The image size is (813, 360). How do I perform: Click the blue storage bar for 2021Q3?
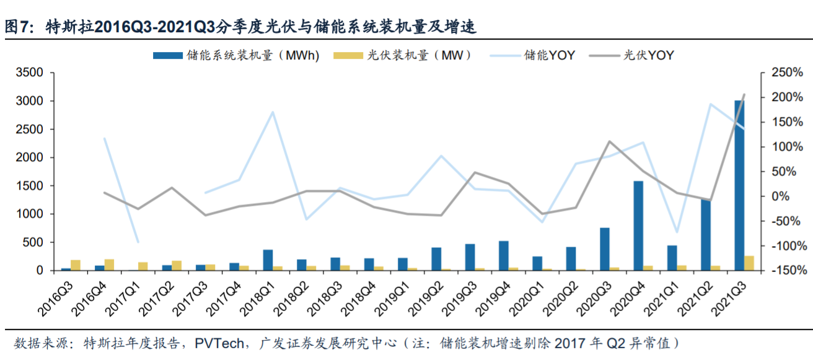pyautogui.click(x=739, y=186)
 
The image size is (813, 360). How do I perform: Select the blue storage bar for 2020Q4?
pyautogui.click(x=638, y=226)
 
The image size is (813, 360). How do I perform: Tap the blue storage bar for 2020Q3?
pyautogui.click(x=604, y=249)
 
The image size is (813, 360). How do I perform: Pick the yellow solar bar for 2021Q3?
pyautogui.click(x=749, y=263)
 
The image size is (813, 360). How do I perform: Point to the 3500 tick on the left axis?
pyautogui.click(x=30, y=73)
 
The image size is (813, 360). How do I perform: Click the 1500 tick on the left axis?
pyautogui.click(x=30, y=186)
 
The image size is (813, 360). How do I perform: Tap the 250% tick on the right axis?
pyautogui.click(x=786, y=73)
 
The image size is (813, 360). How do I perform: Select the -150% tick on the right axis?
pyautogui.click(x=786, y=271)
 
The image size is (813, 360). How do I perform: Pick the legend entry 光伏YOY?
pyautogui.click(x=648, y=55)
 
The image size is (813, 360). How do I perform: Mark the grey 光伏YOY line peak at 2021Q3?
pyautogui.click(x=744, y=95)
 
